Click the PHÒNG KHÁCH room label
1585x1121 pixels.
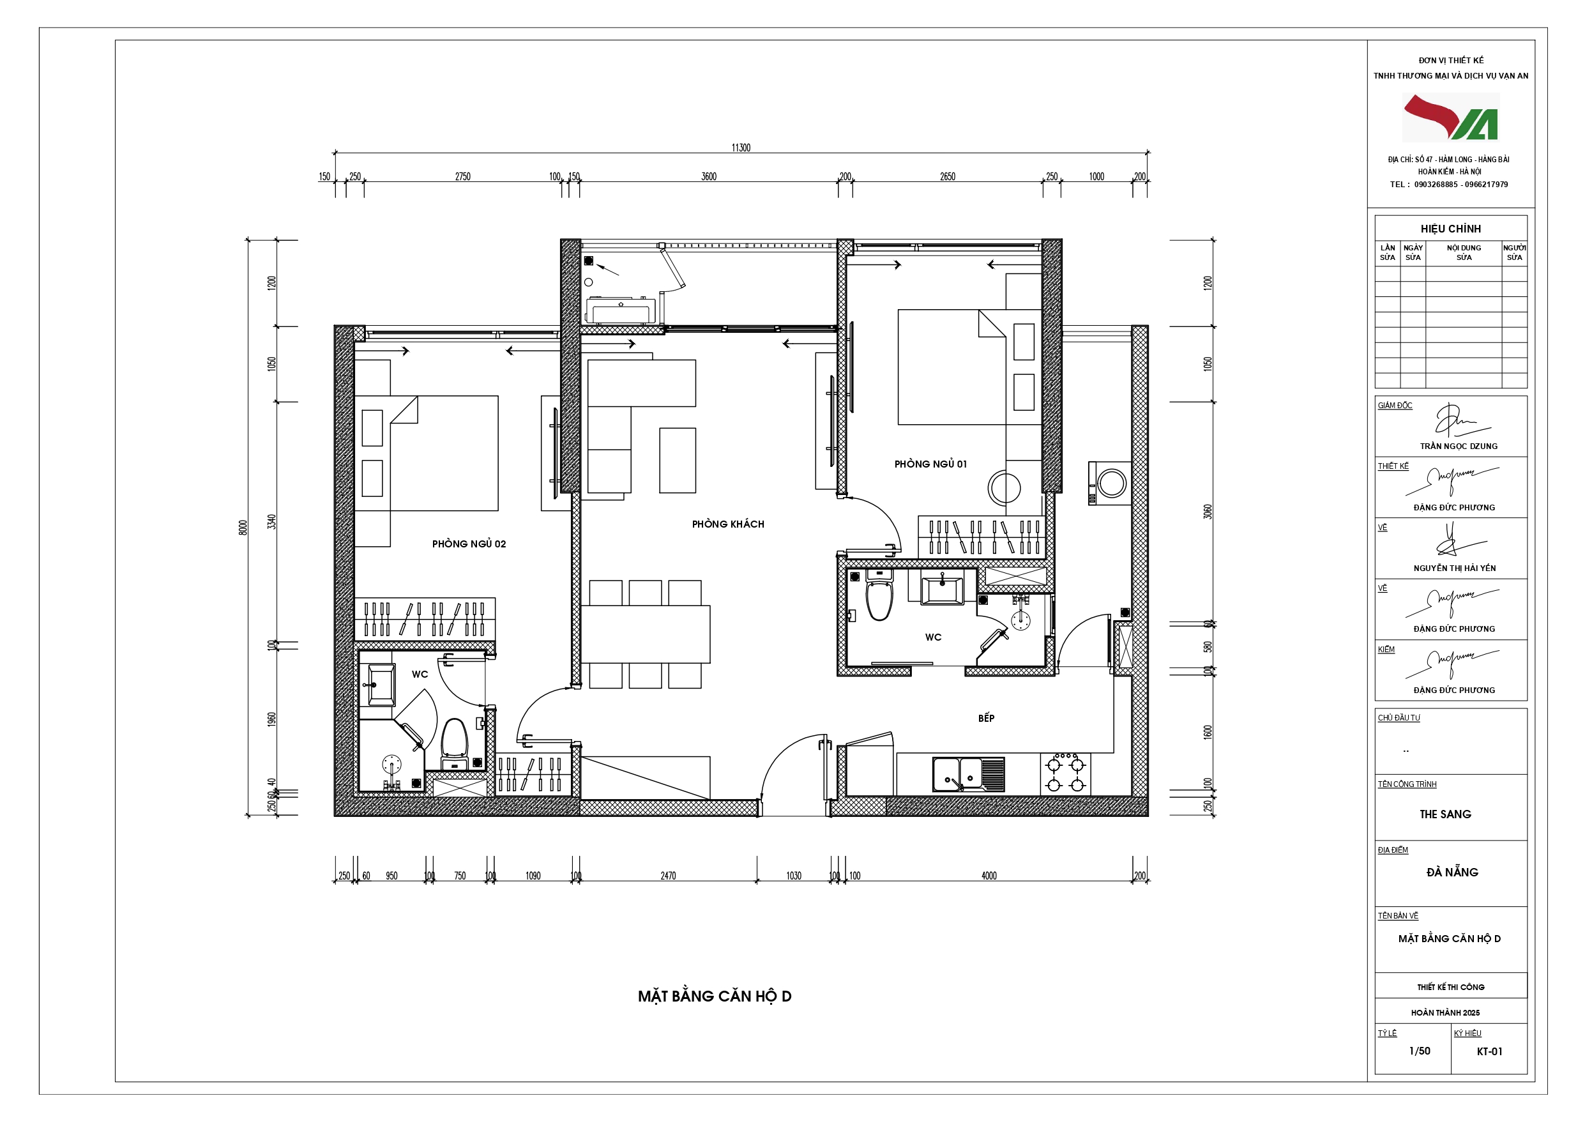coord(727,524)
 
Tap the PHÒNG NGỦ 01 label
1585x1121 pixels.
coord(930,464)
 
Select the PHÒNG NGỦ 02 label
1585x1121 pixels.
coord(469,544)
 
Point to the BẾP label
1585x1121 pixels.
coord(986,718)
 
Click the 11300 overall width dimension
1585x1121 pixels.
coord(741,148)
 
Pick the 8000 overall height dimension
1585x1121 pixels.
coord(242,527)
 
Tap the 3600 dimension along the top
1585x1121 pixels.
coord(709,177)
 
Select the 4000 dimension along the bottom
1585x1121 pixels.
coord(989,876)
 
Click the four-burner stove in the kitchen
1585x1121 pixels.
coord(1065,774)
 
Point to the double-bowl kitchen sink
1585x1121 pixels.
coord(969,774)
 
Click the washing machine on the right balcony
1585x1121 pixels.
coord(1109,483)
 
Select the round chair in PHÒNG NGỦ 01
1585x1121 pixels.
coord(1004,487)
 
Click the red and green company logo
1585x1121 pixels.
coord(1450,118)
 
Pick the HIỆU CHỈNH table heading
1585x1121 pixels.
coord(1450,229)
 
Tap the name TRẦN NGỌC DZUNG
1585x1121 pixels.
coord(1459,446)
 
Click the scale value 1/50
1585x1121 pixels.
coord(1420,1051)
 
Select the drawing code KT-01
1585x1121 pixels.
coord(1489,1051)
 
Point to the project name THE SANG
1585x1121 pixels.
coord(1445,814)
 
